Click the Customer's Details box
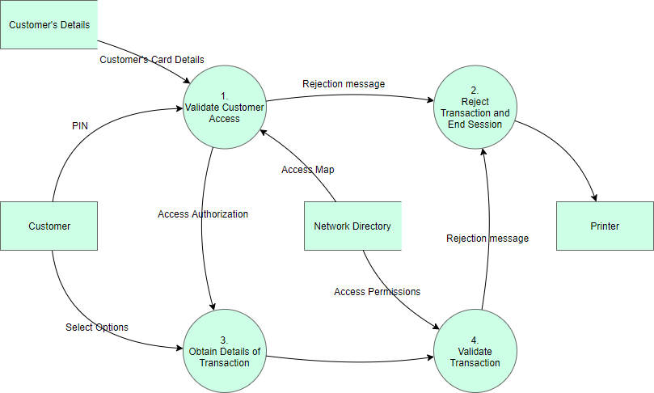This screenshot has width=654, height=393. tap(49, 24)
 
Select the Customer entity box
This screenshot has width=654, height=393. tap(49, 226)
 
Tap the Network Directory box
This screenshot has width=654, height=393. tap(352, 226)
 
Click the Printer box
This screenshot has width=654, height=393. tap(605, 226)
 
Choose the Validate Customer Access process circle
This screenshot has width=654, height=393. tap(224, 107)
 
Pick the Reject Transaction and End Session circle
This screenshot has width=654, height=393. tap(475, 107)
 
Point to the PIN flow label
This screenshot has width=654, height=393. tap(81, 126)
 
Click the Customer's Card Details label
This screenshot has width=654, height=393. tap(152, 60)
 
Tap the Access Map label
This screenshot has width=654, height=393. tap(307, 170)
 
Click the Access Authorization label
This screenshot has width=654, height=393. tap(203, 214)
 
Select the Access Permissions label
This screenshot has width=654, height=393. tap(377, 291)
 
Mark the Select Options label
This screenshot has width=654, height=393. tap(97, 327)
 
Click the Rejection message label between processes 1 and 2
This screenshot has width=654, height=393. tap(344, 83)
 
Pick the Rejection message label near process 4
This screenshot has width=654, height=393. tap(487, 238)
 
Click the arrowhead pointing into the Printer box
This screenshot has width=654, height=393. tap(595, 197)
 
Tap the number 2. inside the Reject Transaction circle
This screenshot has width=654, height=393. tap(475, 90)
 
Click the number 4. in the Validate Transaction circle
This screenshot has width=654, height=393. tap(475, 340)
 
